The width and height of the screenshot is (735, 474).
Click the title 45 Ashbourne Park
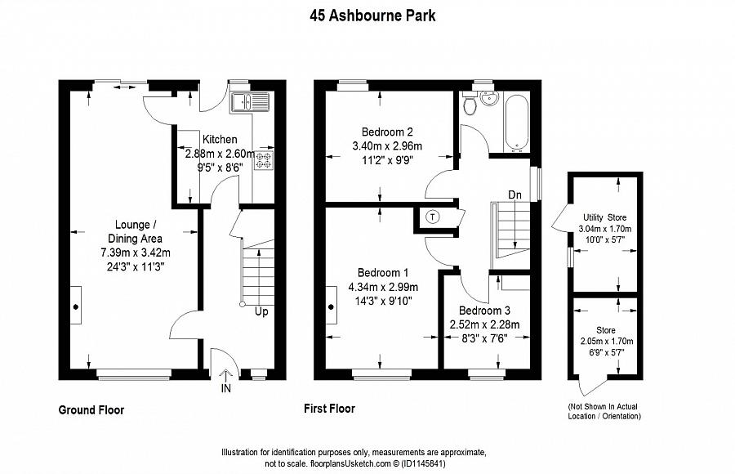point(367,14)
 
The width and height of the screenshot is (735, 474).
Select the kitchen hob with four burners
point(266,160)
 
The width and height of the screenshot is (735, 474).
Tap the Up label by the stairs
point(261,311)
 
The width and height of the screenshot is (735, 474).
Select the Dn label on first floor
point(514,195)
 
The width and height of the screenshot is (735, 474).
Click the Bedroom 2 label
point(387,132)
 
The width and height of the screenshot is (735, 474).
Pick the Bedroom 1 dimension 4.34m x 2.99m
point(383,287)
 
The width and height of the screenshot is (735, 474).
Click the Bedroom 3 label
point(484,311)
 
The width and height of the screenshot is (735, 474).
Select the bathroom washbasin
point(489,99)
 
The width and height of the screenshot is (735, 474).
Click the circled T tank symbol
point(433,217)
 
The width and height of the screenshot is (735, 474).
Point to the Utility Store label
point(604,217)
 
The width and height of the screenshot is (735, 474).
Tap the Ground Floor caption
point(91,409)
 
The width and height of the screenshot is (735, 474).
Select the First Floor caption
point(329,409)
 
